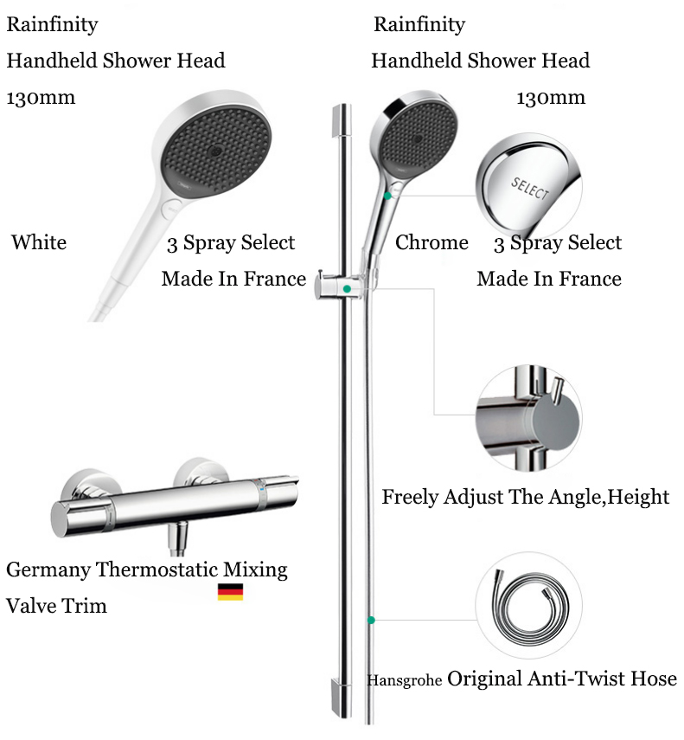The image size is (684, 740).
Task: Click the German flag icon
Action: point(230,592)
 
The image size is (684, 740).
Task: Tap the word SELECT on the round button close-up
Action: point(530,188)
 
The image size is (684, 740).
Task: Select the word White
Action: point(39,242)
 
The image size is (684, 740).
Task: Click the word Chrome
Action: point(431,242)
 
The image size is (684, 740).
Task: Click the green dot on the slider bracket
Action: point(347,287)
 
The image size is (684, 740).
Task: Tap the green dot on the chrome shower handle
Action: point(388,196)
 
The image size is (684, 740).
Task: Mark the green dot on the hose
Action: point(371,620)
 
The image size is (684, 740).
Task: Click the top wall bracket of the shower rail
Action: point(341,120)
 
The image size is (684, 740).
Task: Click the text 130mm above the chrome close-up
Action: point(551,98)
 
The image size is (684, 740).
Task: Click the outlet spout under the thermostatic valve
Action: point(179,540)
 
